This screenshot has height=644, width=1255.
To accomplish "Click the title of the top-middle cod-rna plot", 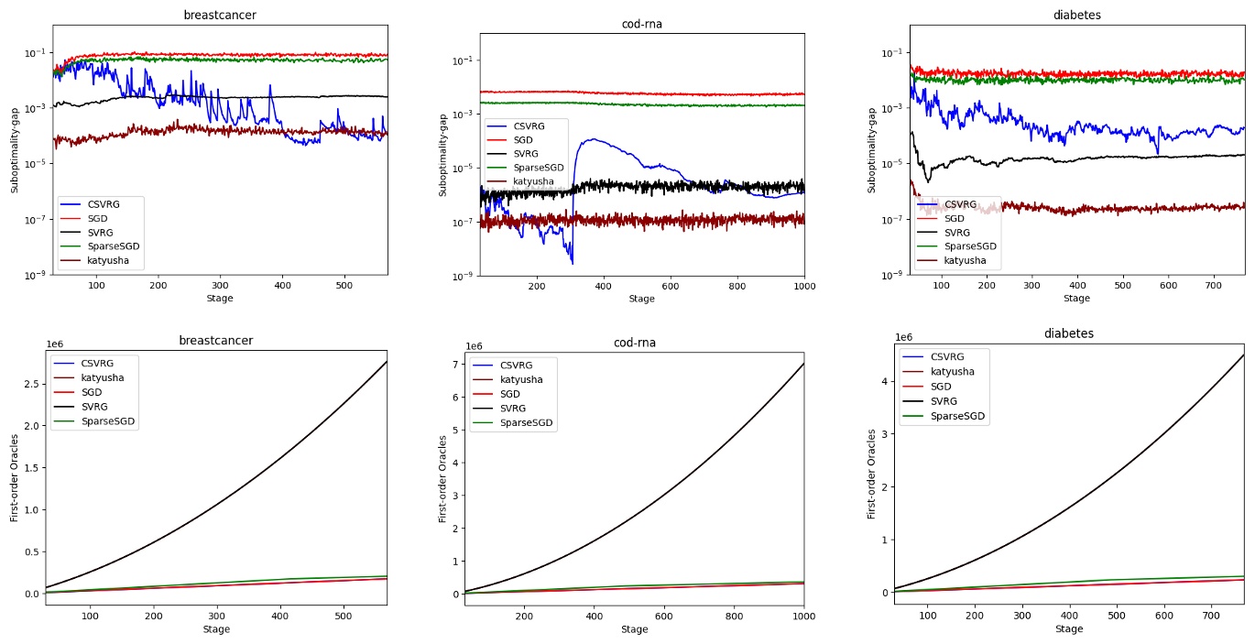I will tap(641, 24).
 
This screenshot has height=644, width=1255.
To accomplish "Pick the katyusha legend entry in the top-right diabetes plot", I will tap(965, 261).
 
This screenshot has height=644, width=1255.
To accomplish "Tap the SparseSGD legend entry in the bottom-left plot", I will tap(108, 421).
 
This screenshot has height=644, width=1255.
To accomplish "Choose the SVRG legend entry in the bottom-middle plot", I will tap(516, 409).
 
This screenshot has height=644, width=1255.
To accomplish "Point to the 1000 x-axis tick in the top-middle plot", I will tap(803, 286).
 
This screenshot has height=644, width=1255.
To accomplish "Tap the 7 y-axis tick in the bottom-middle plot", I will tap(454, 365).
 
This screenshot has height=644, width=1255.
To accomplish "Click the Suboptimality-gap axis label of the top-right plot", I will tap(872, 150).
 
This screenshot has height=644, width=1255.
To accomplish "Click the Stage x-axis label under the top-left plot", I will tap(219, 299).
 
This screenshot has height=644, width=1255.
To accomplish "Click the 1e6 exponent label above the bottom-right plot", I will tap(903, 338).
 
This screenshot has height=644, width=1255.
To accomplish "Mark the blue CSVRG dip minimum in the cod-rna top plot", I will tap(573, 264).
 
